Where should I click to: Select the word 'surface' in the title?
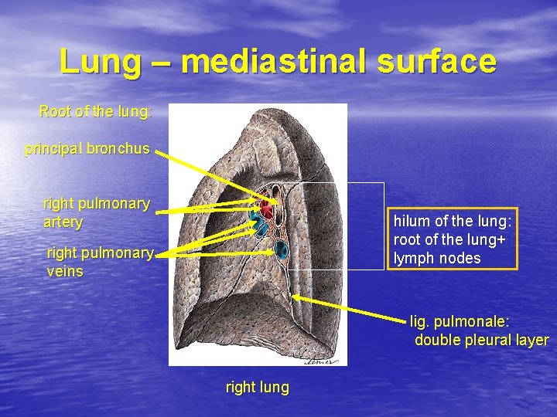(436, 62)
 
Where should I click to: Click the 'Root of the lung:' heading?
(96, 112)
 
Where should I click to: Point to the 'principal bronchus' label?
(87, 148)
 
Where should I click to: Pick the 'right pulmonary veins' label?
(100, 261)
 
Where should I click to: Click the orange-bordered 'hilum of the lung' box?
(452, 239)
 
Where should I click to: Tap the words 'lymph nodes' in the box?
(437, 258)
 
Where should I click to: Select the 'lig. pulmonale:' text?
(461, 321)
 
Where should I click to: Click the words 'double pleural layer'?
(482, 340)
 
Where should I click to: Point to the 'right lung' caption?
(257, 388)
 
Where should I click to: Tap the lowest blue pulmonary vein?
(280, 249)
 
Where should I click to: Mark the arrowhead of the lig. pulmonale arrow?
(295, 296)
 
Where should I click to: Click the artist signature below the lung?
(322, 358)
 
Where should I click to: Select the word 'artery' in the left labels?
(63, 222)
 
